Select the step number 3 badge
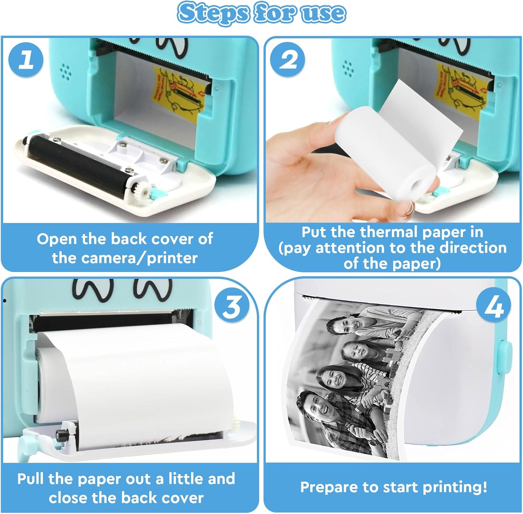tap(231, 306)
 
